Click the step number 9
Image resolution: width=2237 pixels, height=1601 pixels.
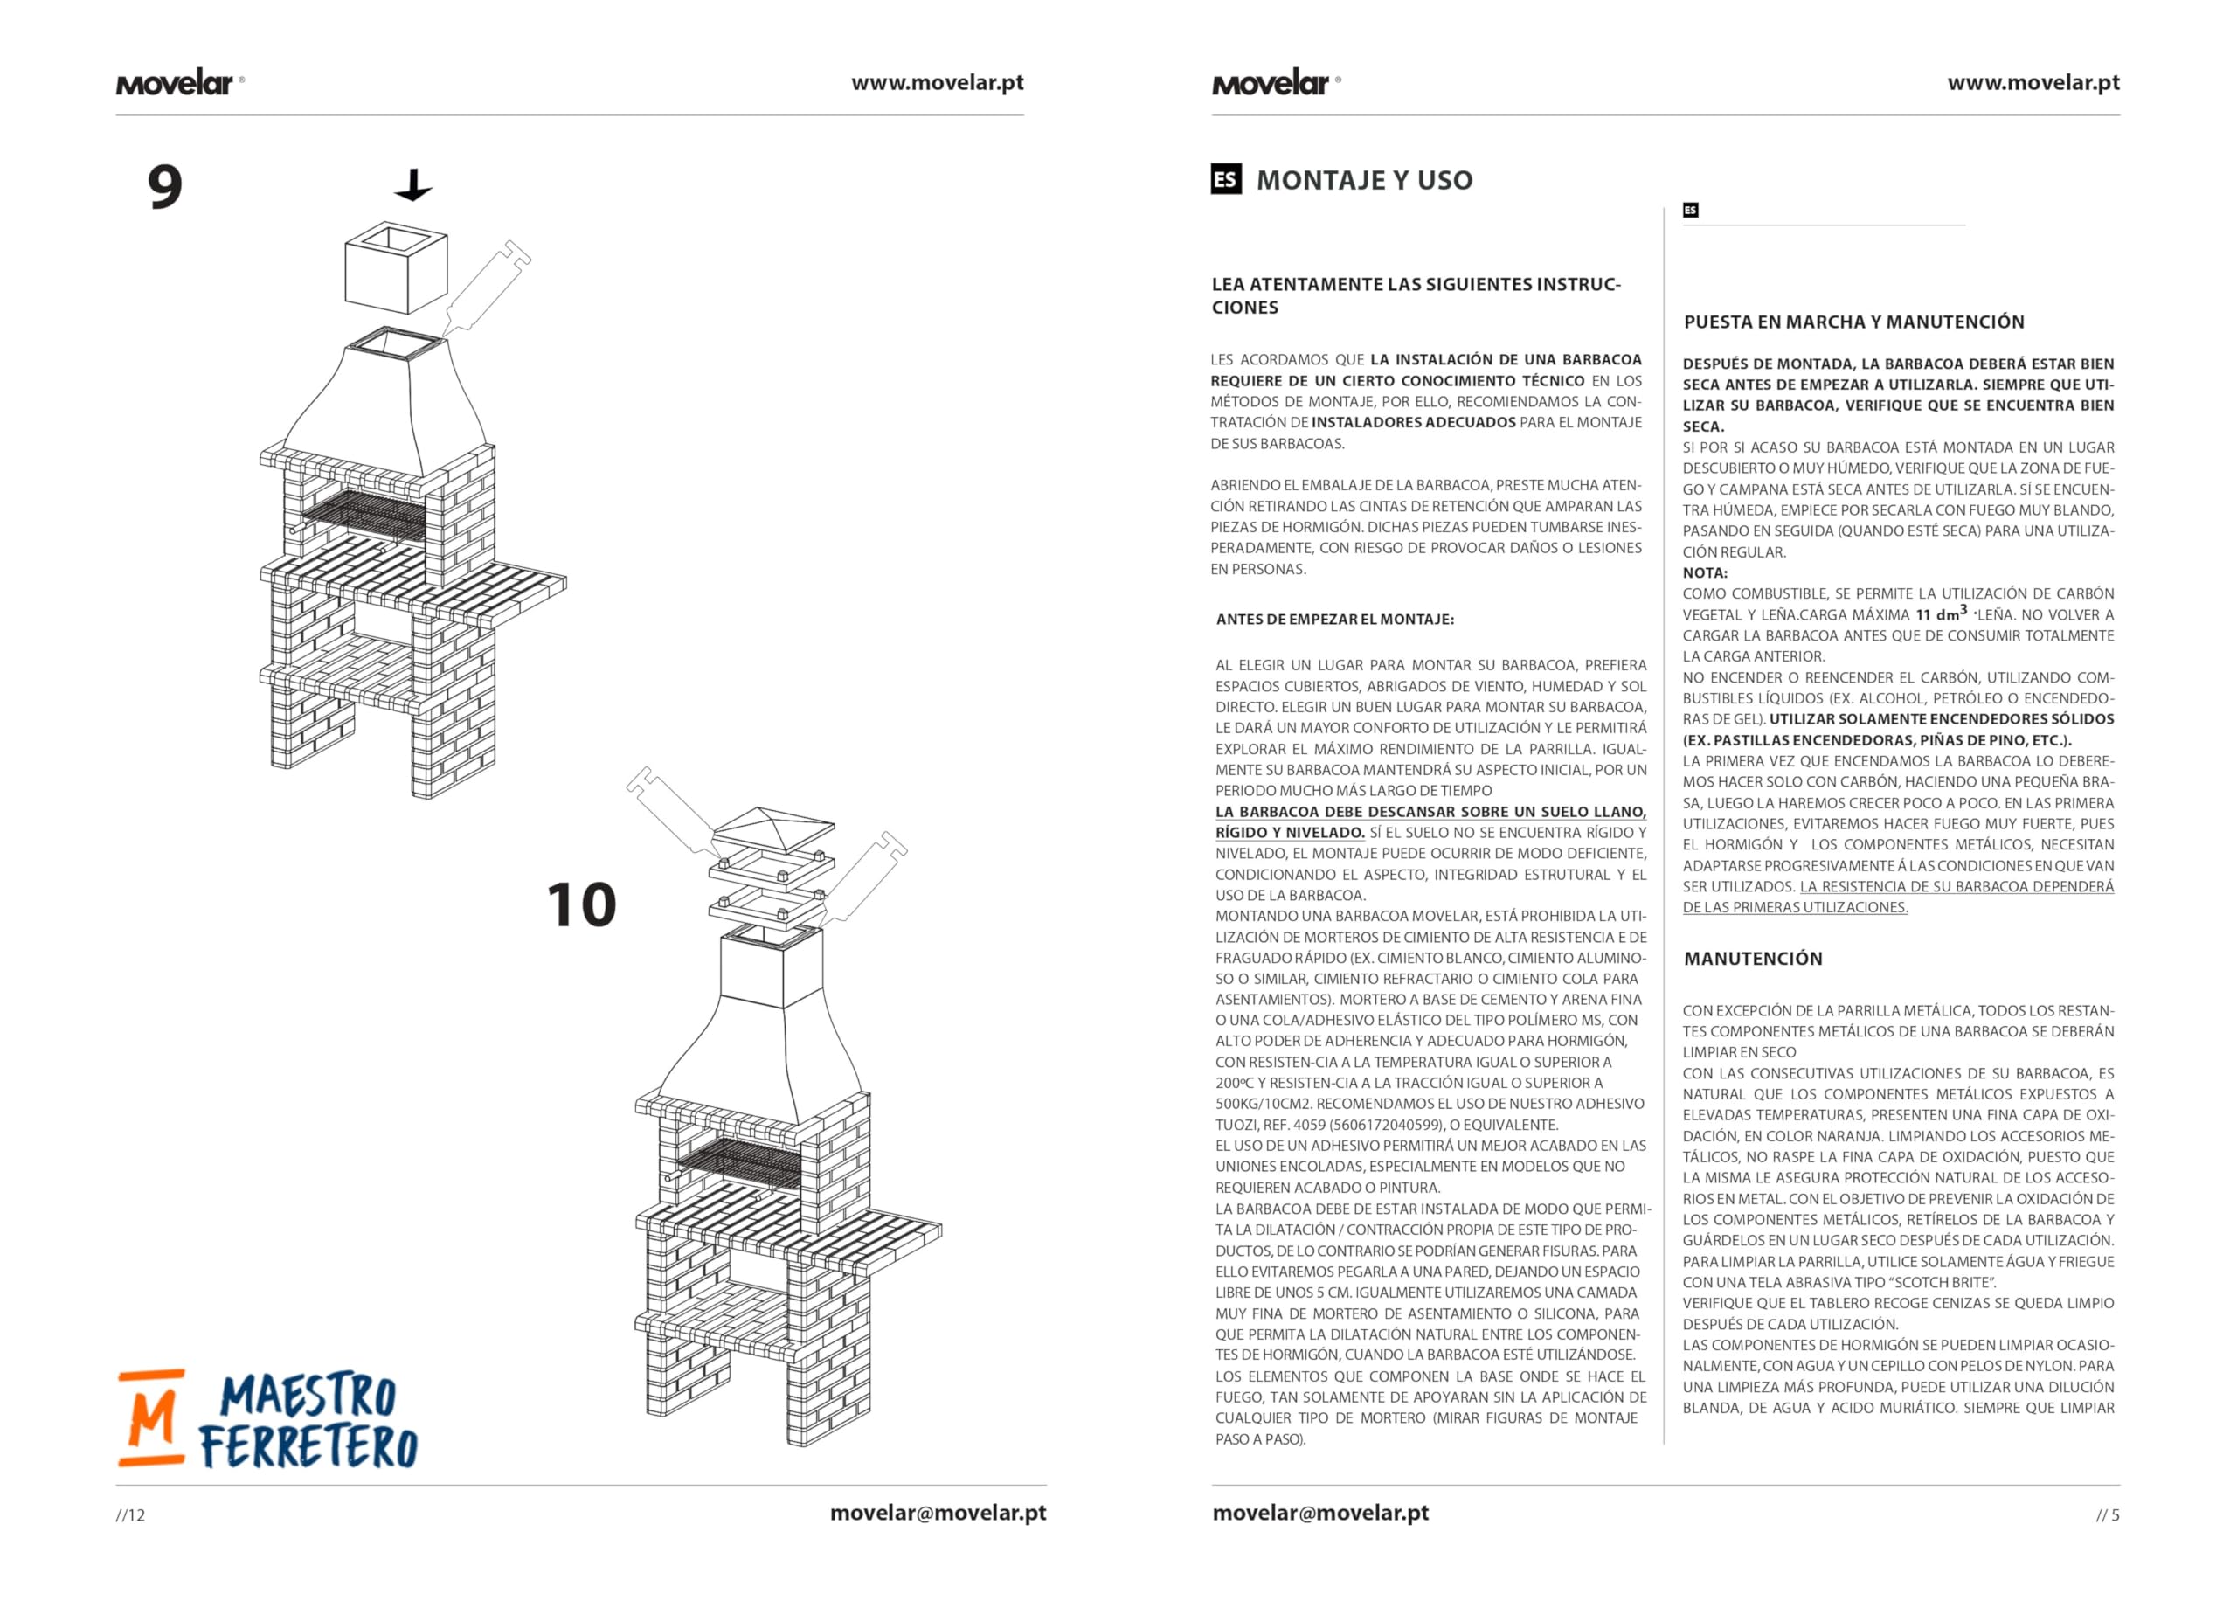pos(164,186)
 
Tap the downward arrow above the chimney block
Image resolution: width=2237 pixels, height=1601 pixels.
pos(413,184)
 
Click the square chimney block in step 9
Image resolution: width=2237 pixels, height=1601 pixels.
pos(396,267)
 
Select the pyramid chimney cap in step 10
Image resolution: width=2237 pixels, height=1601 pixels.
pos(772,830)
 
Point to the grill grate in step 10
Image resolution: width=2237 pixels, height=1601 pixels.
pos(740,1162)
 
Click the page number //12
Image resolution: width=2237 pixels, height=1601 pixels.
pos(130,1515)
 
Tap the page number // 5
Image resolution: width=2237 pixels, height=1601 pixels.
pos(2108,1515)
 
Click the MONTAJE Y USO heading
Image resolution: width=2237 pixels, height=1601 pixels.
pos(1365,179)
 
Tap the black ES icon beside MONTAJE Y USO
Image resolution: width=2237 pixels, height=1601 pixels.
pos(1226,178)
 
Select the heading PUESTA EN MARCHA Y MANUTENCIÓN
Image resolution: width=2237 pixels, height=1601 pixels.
pos(1853,322)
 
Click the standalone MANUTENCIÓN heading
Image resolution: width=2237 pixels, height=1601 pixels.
pos(1753,958)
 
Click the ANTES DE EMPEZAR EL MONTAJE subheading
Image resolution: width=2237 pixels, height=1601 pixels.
pos(1334,619)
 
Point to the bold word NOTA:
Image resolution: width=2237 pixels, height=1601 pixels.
pos(1705,572)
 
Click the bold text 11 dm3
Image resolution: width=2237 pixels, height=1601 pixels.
pos(1942,613)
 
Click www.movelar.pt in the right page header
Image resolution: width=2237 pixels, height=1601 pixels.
pos(2033,83)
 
